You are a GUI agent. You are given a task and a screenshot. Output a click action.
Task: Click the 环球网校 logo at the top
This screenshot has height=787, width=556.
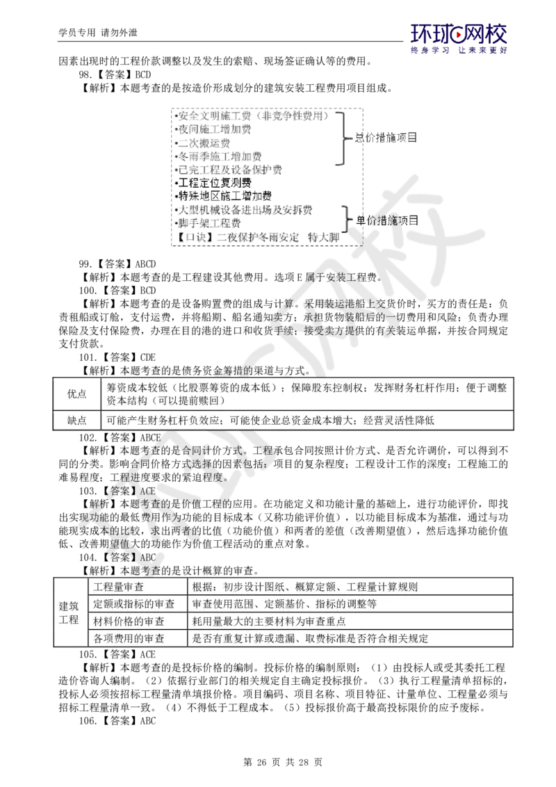pos(459,38)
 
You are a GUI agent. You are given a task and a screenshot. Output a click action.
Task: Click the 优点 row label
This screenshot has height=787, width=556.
pos(76,394)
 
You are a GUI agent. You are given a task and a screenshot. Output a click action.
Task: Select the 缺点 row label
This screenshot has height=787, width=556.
pos(76,421)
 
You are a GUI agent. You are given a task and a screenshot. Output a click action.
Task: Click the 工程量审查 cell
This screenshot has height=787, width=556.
pos(119,587)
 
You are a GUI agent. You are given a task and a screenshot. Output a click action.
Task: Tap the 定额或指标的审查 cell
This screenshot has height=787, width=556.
pos(133,604)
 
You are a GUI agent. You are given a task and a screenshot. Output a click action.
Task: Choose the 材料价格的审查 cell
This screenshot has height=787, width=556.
pos(129,622)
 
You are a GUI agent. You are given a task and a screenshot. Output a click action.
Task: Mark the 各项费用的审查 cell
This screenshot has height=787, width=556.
pos(129,638)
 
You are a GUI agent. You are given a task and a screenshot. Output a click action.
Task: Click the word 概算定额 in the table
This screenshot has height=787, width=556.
pos(319,587)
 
